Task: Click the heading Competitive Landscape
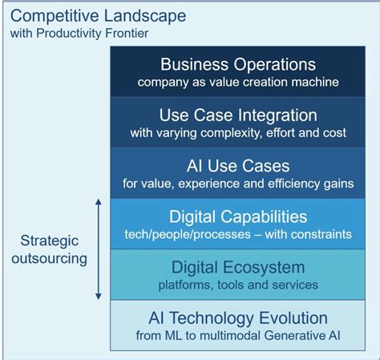tap(98, 16)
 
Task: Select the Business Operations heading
tap(238, 65)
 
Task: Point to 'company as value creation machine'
tap(238, 82)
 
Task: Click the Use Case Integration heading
tap(238, 115)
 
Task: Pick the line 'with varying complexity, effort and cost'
tap(238, 132)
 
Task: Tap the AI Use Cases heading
tap(238, 166)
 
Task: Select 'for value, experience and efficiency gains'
tap(238, 184)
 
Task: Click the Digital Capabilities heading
tap(238, 216)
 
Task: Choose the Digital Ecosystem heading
tap(238, 267)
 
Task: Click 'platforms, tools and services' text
tap(238, 285)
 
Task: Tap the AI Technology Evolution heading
tap(238, 318)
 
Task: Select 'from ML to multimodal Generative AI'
tap(238, 336)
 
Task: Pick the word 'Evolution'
tap(290, 318)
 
